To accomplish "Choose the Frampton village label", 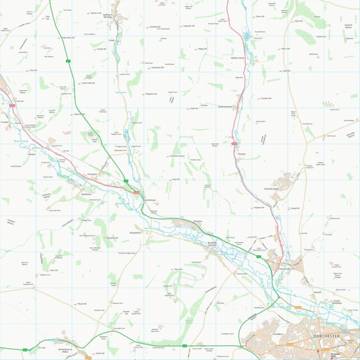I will pyautogui.click(x=93, y=175).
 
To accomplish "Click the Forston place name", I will pyautogui.click(x=241, y=153).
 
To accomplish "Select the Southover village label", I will pyautogui.click(x=86, y=194).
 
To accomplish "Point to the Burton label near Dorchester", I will pyautogui.click(x=317, y=293).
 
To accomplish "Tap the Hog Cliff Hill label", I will pyautogui.click(x=79, y=114).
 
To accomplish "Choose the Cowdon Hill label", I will pyautogui.click(x=266, y=98).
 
